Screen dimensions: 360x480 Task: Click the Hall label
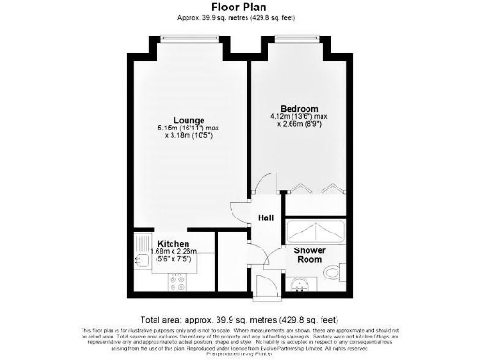pos(265,218)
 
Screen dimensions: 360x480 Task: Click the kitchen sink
pos(142,252)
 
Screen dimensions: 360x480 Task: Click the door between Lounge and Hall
pos(241,213)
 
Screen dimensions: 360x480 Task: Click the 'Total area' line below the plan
pos(239,319)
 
